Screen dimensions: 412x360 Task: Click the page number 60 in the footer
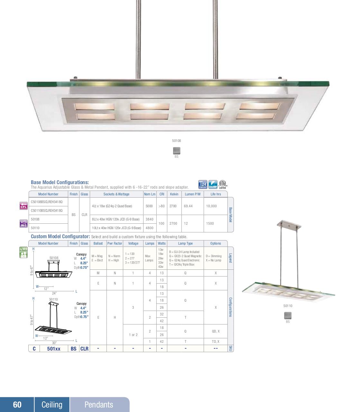coord(17,405)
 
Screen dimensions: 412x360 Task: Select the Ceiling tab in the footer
coord(52,405)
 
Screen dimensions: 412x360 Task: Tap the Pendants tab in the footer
coord(99,405)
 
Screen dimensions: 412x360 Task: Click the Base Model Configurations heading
coord(60,183)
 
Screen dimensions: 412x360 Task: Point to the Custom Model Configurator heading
coord(60,237)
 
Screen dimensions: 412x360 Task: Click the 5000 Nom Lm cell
coord(149,206)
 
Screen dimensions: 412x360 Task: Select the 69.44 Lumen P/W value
coord(188,206)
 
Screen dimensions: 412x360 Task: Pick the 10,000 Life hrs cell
coord(211,206)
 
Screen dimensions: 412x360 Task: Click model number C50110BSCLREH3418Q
coord(47,211)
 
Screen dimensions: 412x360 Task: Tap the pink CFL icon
coord(23,206)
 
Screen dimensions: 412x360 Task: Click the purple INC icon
coord(23,223)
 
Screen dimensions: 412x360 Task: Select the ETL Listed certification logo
coord(223,185)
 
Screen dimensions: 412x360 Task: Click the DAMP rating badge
coord(213,185)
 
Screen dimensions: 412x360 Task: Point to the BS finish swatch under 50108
coord(177,151)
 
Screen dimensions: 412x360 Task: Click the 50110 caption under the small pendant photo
coord(288,306)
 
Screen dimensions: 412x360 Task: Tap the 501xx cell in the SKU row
coord(53,349)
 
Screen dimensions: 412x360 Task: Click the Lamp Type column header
coord(185,244)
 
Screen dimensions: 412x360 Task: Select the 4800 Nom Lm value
coord(149,228)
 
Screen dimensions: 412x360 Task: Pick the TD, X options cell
coord(216,342)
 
